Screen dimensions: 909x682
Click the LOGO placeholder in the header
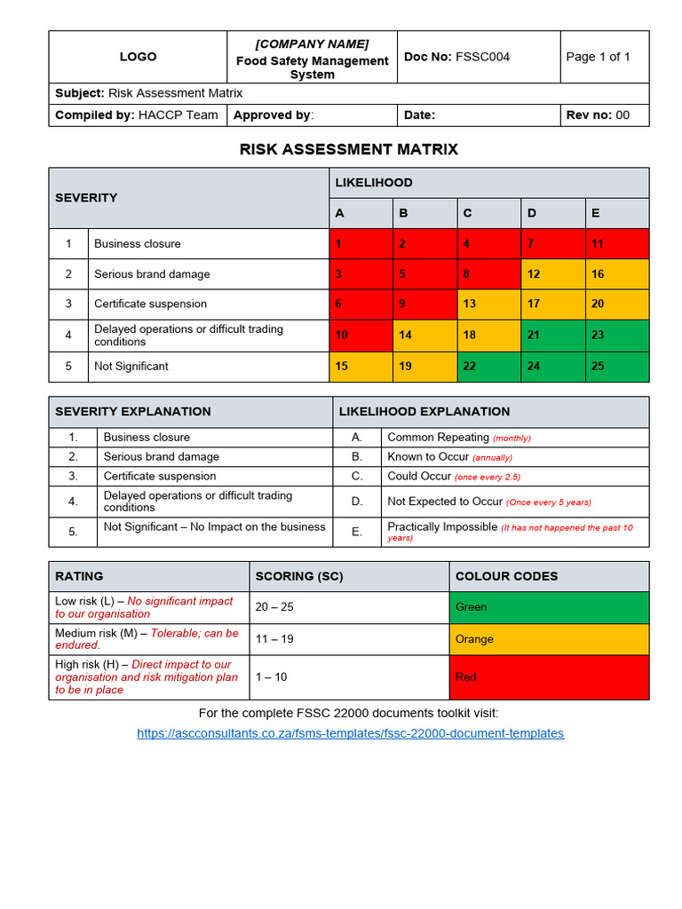(x=138, y=57)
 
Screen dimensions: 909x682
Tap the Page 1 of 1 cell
(x=598, y=57)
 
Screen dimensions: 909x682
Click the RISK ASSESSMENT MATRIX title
(x=349, y=149)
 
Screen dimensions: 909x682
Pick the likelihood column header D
(x=532, y=213)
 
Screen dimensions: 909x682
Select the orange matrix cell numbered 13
(x=469, y=304)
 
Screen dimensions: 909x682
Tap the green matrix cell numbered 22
(x=469, y=366)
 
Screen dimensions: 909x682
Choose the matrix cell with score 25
(x=598, y=366)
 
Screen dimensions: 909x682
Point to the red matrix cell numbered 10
(x=342, y=335)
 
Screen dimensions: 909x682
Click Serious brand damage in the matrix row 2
(x=152, y=274)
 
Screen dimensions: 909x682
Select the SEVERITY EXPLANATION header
(x=133, y=411)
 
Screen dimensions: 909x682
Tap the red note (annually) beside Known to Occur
(x=492, y=458)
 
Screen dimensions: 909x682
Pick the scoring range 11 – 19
(x=275, y=639)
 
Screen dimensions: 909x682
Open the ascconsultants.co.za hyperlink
(x=350, y=733)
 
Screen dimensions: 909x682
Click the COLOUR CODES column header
(x=506, y=576)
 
